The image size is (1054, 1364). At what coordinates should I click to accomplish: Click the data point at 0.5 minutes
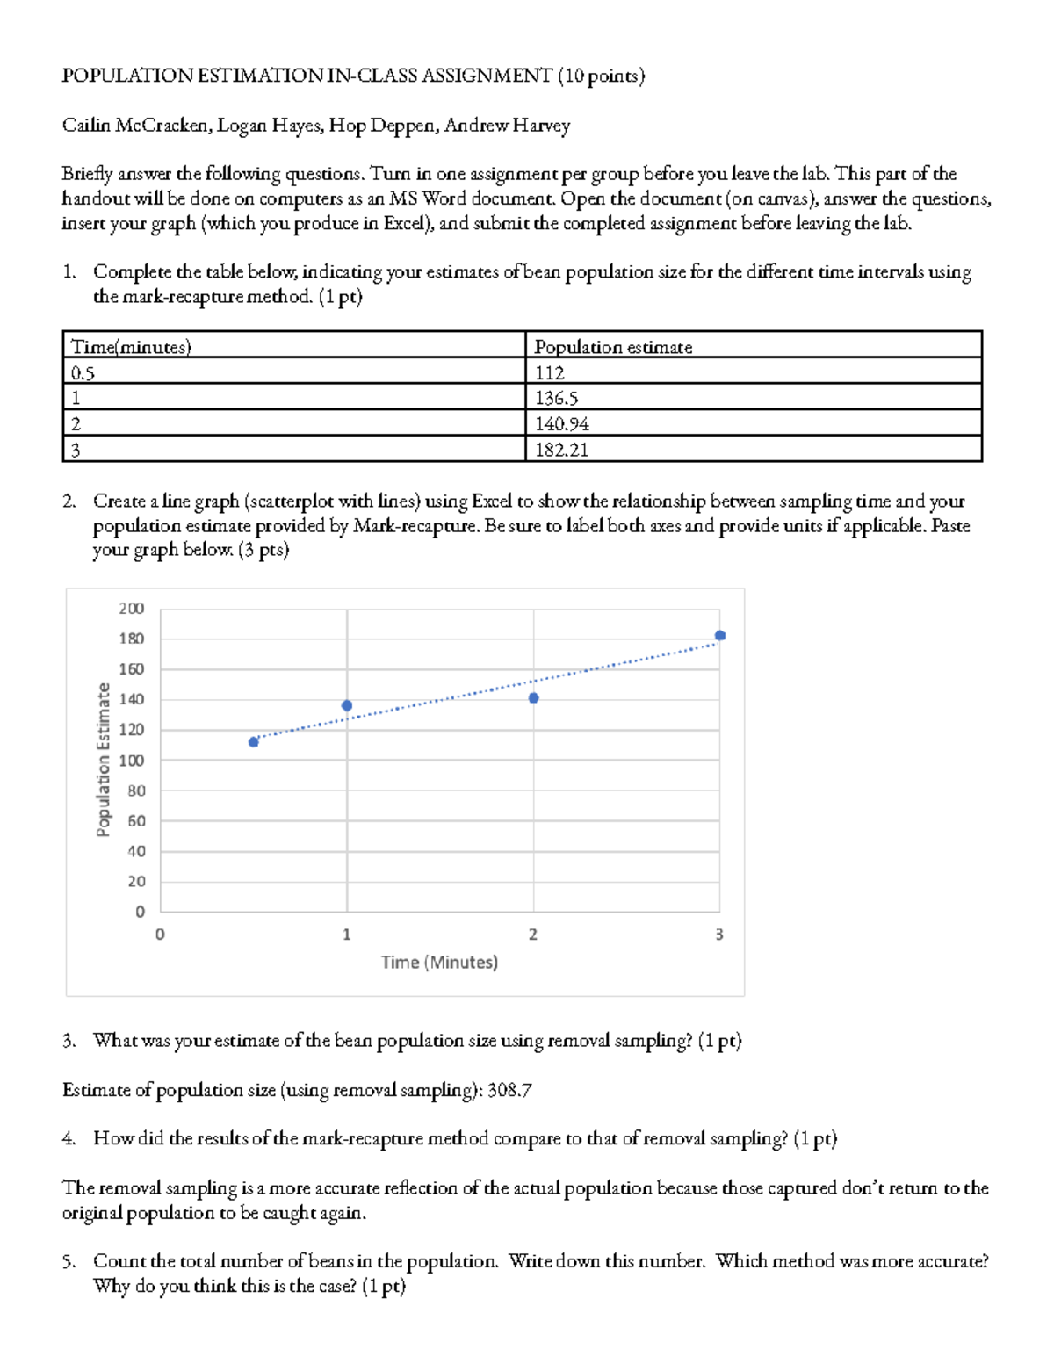point(254,742)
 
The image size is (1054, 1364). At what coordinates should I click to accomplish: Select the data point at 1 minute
point(347,706)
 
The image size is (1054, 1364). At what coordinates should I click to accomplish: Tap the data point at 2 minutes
point(533,698)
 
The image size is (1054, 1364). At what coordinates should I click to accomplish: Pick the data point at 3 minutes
point(720,636)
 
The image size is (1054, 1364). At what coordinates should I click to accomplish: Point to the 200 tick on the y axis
point(132,609)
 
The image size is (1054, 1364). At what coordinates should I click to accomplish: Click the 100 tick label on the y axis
point(132,761)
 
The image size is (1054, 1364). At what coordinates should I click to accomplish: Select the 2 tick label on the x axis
point(533,935)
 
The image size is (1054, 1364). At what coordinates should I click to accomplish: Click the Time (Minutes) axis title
point(439,963)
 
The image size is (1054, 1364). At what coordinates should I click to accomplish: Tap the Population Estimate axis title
point(104,760)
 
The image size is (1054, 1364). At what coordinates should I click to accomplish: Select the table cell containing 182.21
point(562,450)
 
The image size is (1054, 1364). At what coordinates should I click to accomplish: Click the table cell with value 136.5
point(557,398)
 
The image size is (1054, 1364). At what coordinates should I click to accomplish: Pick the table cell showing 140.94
point(562,424)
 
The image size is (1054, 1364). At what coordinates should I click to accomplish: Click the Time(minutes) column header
point(131,347)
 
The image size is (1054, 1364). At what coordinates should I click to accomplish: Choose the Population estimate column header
point(613,347)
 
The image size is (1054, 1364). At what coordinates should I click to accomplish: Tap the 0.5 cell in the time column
point(83,372)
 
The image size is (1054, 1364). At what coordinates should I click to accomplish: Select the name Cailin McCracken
point(135,126)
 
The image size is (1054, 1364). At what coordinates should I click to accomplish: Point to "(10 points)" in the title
point(601,76)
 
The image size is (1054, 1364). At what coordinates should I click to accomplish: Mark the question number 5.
point(69,1262)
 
